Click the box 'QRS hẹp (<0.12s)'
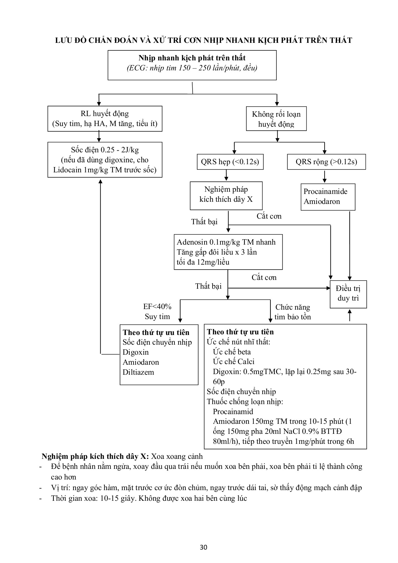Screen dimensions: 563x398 [x=230, y=162]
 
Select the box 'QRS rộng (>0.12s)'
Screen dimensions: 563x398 [x=326, y=162]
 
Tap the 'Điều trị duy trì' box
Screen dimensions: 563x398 [x=348, y=293]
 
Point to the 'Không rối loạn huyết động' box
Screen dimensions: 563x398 [x=276, y=119]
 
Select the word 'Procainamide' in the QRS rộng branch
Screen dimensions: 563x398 [x=325, y=191]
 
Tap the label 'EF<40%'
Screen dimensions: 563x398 [x=157, y=307]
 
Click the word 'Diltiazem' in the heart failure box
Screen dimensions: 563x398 [x=138, y=372]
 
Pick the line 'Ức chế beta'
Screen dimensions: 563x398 [x=232, y=352]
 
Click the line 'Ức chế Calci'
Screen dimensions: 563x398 [x=234, y=362]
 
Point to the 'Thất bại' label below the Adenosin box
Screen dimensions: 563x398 [x=208, y=286]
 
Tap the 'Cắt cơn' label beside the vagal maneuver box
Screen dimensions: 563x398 [x=269, y=216]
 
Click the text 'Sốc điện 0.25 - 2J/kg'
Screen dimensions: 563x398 [x=105, y=150]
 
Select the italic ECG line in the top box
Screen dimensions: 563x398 [x=192, y=68]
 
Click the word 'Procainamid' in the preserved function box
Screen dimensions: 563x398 [x=233, y=412]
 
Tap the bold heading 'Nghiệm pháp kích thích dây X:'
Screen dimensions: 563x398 [x=95, y=456]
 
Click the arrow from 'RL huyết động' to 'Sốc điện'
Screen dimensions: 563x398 [x=99, y=136]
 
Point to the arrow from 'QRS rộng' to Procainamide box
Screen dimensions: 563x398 [x=325, y=176]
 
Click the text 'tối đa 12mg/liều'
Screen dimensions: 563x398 [x=203, y=262]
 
